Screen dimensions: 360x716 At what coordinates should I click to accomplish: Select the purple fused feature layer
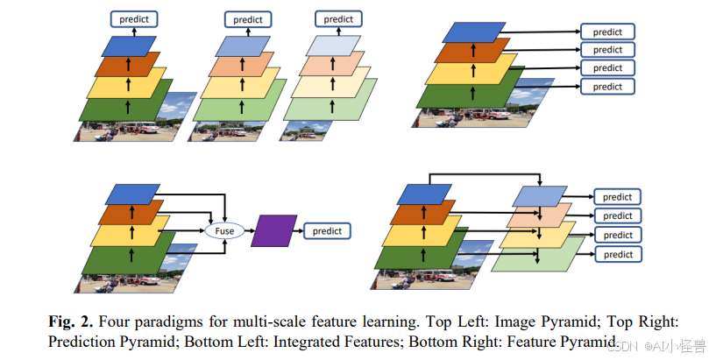273,230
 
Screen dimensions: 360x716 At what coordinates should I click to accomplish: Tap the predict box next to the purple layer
327,231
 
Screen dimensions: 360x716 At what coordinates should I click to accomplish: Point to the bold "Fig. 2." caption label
71,321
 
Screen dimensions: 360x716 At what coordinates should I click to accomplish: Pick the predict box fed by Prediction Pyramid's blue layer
607,32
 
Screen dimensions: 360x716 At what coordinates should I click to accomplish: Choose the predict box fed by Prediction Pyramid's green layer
607,87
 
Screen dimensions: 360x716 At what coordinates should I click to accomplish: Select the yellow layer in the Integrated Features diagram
126,235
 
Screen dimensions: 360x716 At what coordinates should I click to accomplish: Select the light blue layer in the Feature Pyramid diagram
540,196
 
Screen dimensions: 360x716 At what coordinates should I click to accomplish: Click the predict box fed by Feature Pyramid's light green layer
618,254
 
